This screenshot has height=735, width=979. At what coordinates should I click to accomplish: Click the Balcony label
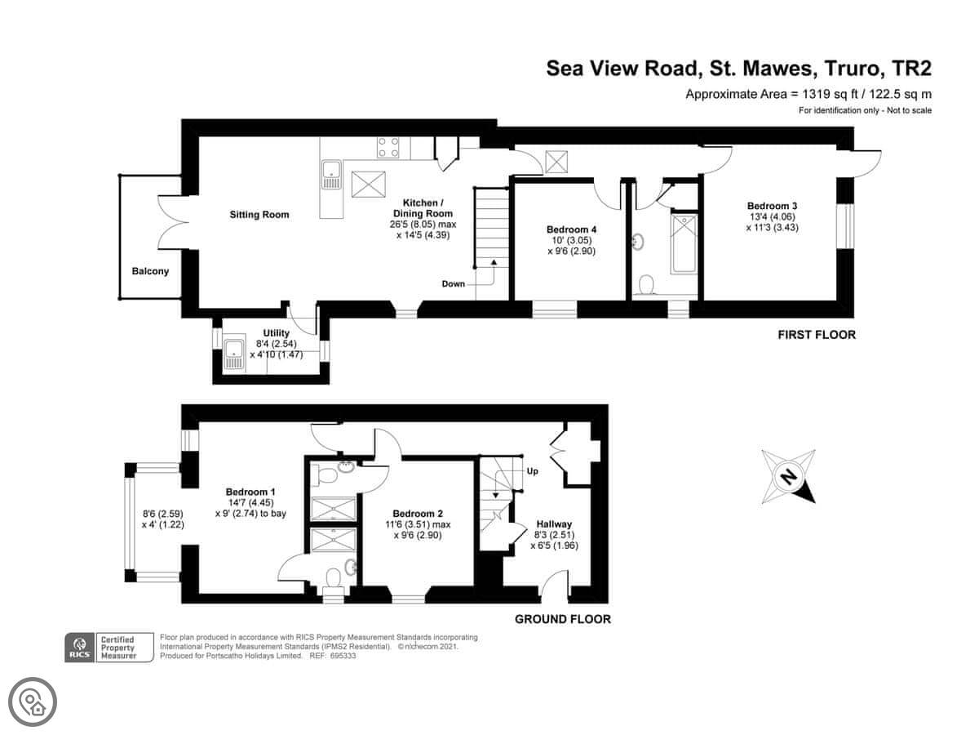(150, 271)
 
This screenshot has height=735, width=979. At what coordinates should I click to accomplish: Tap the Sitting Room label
(259, 215)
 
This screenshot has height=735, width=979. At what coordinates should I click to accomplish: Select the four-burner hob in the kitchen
(388, 147)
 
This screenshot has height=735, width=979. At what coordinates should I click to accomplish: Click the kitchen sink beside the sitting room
(331, 175)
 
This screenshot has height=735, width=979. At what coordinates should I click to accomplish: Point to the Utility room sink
(233, 355)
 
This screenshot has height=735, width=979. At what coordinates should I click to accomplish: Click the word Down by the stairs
(453, 284)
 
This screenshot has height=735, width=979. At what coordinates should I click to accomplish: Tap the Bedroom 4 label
(571, 229)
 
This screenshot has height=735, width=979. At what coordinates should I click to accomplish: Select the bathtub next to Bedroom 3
(684, 243)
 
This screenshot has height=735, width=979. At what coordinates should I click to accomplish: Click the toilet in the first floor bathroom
(646, 286)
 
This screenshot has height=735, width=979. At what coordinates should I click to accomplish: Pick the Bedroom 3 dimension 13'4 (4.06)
(773, 217)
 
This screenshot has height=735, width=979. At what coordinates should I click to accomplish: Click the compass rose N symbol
(788, 477)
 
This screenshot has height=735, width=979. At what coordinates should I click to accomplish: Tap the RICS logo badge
(79, 647)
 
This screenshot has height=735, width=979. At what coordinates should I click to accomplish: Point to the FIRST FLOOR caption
(817, 335)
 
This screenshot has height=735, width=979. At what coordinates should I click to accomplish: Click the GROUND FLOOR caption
(563, 619)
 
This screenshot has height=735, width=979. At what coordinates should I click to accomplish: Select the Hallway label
(554, 524)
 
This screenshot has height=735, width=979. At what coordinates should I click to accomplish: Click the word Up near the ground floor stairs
(533, 471)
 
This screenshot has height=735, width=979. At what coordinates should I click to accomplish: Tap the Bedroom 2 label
(418, 514)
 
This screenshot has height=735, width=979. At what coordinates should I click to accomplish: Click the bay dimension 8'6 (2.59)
(162, 514)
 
